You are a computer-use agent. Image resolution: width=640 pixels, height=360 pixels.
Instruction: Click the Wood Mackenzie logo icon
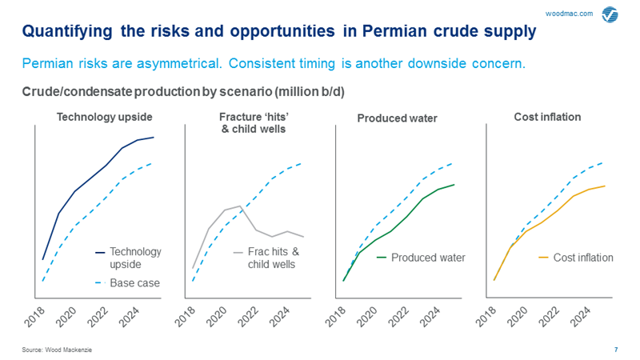click(610, 14)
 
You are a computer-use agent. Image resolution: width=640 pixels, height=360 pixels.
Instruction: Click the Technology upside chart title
click(104, 117)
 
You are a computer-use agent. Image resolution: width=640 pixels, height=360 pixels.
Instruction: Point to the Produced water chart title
click(397, 118)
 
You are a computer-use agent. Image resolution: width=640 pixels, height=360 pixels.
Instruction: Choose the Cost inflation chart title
click(547, 117)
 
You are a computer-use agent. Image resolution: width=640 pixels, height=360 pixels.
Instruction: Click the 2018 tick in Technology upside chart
click(36, 319)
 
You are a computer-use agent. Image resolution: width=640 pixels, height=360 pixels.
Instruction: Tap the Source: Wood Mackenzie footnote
click(57, 350)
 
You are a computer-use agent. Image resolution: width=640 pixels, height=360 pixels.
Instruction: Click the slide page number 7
click(615, 350)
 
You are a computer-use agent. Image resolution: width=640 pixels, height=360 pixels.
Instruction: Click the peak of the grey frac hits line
click(240, 206)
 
